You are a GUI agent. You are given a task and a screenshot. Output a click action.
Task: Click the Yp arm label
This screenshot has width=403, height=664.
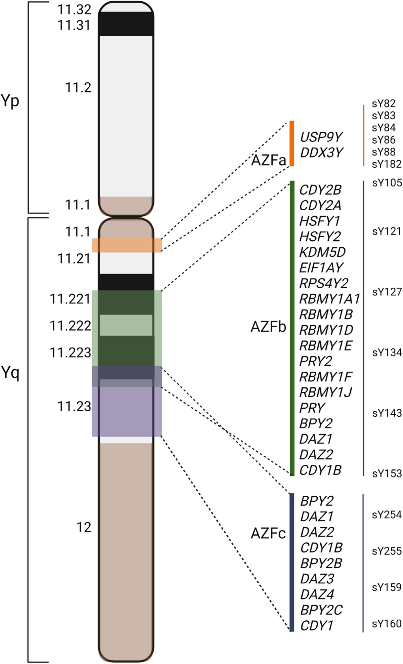click(x=10, y=101)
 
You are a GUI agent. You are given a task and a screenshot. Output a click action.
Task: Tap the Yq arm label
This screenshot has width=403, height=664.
click(x=10, y=373)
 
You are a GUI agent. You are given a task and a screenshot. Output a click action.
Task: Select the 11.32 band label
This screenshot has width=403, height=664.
click(x=74, y=10)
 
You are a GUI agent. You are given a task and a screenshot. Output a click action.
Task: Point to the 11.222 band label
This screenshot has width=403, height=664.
click(x=71, y=326)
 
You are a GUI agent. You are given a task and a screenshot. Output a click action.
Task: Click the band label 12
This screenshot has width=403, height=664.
click(x=84, y=528)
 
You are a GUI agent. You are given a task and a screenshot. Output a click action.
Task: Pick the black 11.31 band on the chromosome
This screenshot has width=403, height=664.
click(x=126, y=24)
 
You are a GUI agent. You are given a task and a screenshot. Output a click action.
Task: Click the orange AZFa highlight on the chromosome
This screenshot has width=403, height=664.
click(x=127, y=245)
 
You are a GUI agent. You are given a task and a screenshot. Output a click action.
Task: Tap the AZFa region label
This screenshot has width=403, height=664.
click(x=268, y=161)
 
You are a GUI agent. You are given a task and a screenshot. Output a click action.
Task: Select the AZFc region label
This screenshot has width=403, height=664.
click(x=268, y=534)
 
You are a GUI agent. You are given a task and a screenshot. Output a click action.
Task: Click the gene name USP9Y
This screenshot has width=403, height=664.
click(x=321, y=137)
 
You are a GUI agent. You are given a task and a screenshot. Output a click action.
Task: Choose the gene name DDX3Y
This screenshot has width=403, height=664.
click(x=321, y=153)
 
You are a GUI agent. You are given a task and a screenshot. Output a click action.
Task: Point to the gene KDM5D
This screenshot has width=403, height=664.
click(x=322, y=252)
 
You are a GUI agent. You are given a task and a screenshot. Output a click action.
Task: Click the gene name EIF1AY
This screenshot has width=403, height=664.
click(x=321, y=268)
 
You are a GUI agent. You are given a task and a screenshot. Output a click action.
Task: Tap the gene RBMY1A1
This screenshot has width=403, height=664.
click(x=329, y=298)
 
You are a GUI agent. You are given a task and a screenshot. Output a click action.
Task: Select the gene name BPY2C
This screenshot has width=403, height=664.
click(x=321, y=610)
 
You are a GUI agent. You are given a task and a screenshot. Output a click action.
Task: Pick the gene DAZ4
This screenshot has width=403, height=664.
click(x=317, y=594)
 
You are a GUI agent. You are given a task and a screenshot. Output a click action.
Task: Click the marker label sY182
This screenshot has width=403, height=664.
click(x=387, y=164)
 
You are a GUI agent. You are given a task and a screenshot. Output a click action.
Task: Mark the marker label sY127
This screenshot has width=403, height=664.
click(x=387, y=292)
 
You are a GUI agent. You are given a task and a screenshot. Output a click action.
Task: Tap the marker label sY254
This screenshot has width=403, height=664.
click(x=387, y=515)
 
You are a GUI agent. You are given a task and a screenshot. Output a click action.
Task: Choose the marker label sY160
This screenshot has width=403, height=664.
click(x=387, y=624)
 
